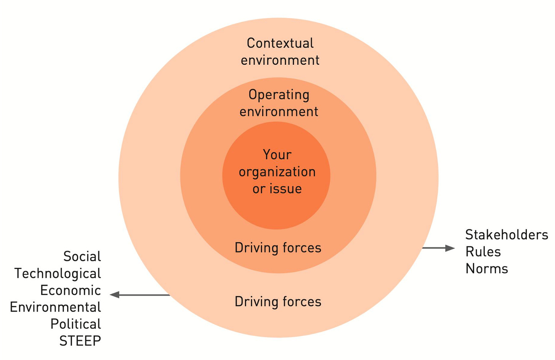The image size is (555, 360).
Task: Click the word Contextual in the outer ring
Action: tap(280, 43)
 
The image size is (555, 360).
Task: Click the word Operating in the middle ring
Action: tap(279, 94)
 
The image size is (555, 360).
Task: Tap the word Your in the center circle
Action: tap(277, 155)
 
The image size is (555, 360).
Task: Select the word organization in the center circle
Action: tap(277, 172)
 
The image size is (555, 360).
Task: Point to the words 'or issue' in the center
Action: tap(277, 189)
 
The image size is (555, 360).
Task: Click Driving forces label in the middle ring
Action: tap(278, 248)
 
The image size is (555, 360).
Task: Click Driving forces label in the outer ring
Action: tap(278, 302)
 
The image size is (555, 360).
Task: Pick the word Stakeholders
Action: tap(507, 235)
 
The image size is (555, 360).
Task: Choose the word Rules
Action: tap(483, 251)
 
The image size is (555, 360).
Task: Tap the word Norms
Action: tap(487, 269)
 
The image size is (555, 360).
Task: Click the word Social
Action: tap(82, 256)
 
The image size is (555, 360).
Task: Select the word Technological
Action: tap(58, 274)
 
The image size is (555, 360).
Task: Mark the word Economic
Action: tap(71, 290)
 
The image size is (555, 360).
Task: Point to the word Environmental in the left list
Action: tap(55, 307)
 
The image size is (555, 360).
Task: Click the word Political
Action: tap(75, 324)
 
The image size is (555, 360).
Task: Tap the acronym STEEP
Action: tap(80, 341)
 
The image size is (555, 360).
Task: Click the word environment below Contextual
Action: tap(280, 60)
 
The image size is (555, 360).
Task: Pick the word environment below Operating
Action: tap(279, 112)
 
